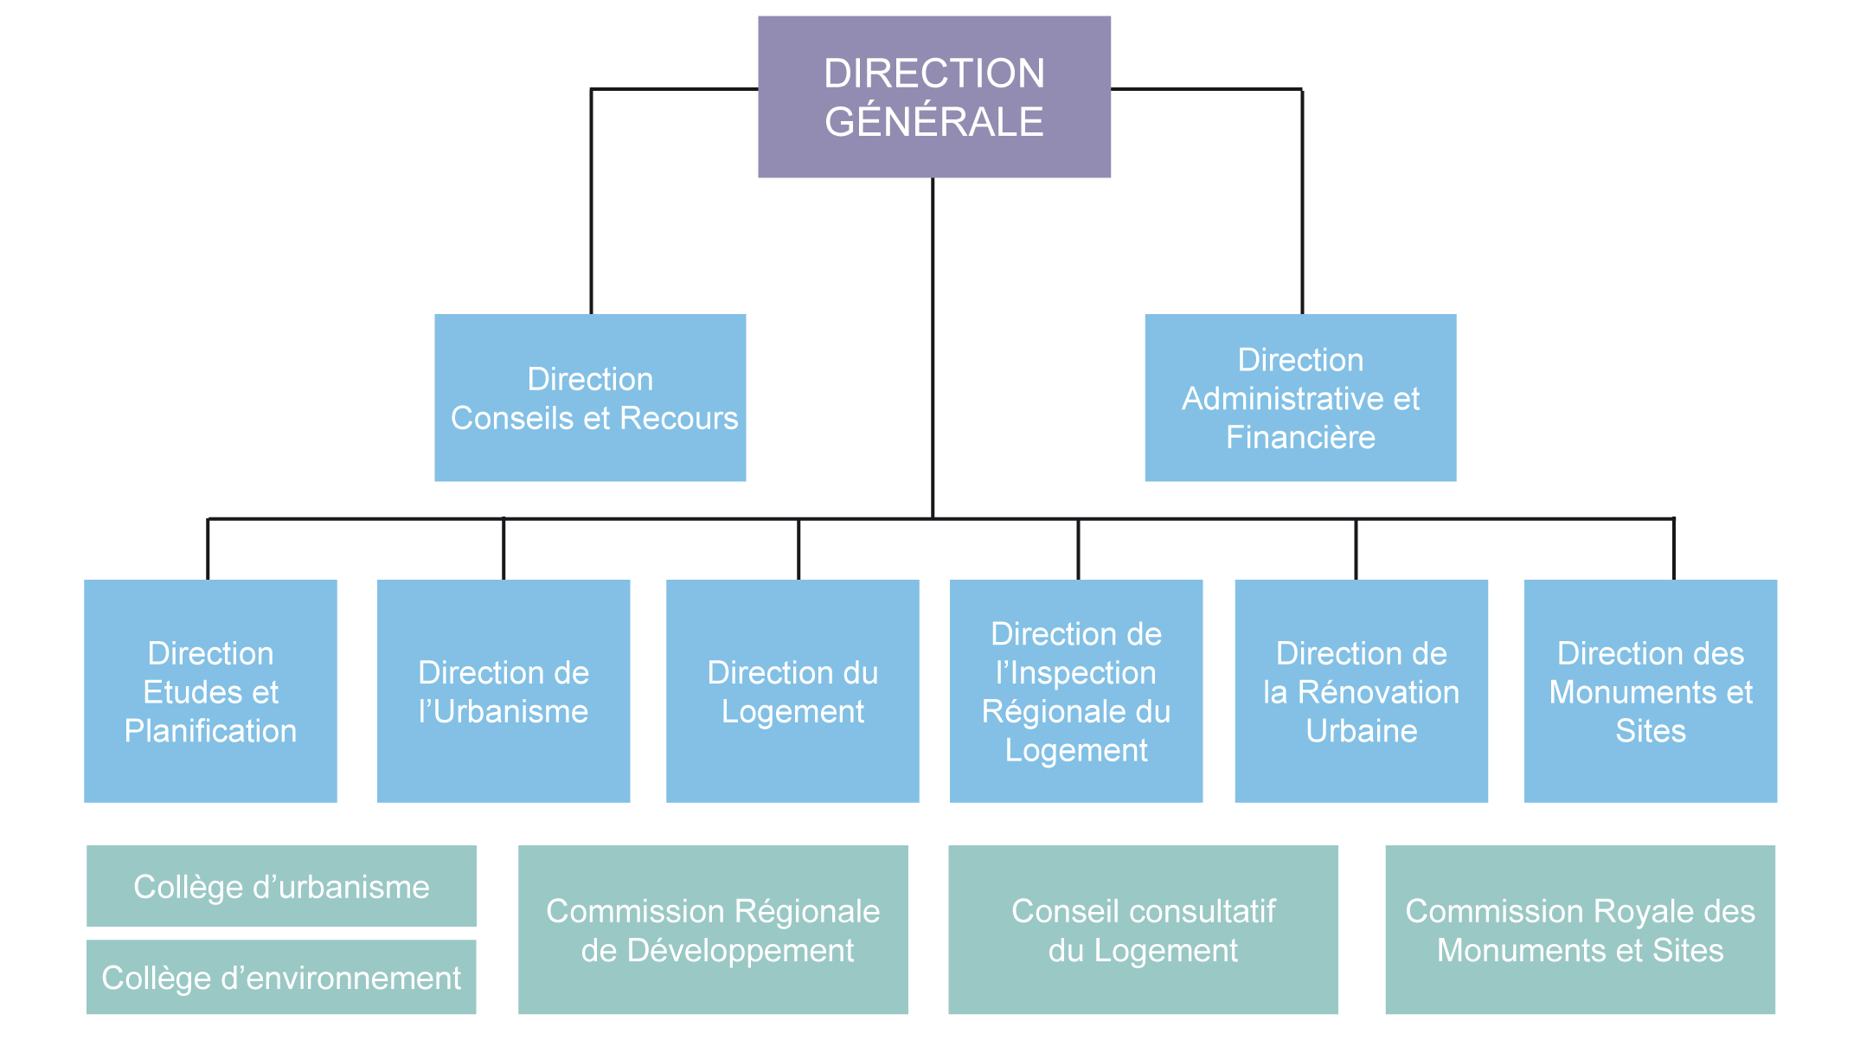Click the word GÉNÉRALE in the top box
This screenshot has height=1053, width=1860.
click(x=933, y=121)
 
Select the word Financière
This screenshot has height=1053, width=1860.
click(x=1299, y=438)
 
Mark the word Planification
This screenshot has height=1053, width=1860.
click(x=210, y=732)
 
